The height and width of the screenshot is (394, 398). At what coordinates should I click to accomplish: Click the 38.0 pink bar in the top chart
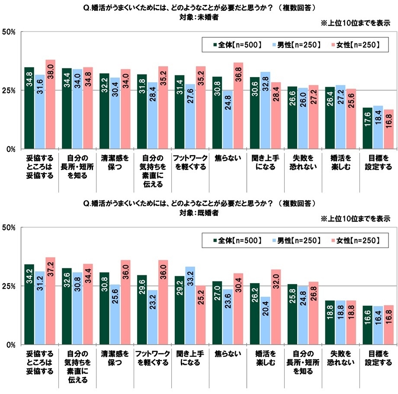50,104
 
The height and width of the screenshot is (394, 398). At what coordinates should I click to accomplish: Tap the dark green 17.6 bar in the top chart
367,128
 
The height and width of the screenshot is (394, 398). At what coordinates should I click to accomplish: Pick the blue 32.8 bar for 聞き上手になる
266,110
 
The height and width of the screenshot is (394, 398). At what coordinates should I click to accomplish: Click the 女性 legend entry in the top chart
353,44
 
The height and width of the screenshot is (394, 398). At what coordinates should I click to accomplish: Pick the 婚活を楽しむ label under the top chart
340,163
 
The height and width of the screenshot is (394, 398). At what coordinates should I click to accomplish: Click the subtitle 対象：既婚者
199,213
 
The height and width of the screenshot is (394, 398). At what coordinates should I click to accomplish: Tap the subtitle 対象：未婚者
199,17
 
